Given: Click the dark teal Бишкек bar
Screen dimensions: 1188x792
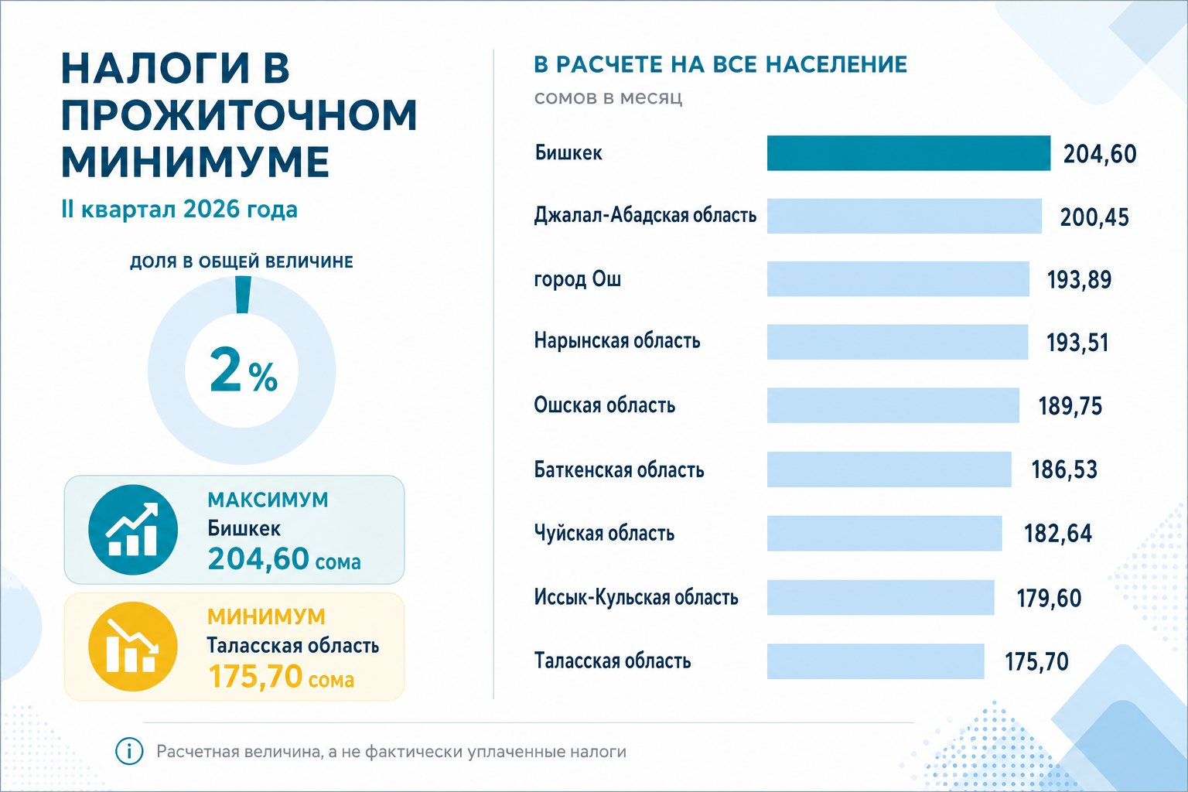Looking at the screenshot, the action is (x=909, y=153).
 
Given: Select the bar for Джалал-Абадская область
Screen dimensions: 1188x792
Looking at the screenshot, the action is (x=904, y=216).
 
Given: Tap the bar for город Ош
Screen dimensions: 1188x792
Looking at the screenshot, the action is (x=898, y=279).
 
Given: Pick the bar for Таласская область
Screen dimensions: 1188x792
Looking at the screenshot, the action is (x=876, y=661).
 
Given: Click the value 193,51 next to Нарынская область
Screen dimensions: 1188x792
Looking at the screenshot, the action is (x=1077, y=343).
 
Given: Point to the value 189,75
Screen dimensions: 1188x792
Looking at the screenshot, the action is (x=1070, y=406).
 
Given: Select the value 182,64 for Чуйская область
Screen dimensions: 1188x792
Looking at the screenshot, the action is (x=1057, y=534).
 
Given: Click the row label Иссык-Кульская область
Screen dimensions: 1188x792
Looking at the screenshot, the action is (x=636, y=598).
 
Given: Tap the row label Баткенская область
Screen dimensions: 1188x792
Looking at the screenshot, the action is (x=619, y=470).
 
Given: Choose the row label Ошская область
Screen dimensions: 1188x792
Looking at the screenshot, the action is (x=605, y=405).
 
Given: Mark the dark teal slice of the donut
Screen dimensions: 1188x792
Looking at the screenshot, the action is (x=243, y=295).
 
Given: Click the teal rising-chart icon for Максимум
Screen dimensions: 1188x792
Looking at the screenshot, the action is (x=133, y=529).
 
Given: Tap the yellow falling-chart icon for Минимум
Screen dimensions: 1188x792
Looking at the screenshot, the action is (x=133, y=646).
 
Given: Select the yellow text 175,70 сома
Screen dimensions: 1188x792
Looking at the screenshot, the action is (x=281, y=677).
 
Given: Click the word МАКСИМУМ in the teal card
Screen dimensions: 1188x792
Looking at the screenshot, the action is (x=268, y=500).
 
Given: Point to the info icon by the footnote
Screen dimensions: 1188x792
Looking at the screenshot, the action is (x=129, y=751).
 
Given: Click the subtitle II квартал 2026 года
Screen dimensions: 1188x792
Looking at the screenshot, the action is (x=179, y=210).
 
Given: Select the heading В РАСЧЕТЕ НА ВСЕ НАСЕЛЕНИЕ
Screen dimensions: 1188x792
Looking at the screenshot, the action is (x=721, y=64).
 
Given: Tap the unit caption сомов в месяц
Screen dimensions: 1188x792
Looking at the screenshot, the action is (x=609, y=98).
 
